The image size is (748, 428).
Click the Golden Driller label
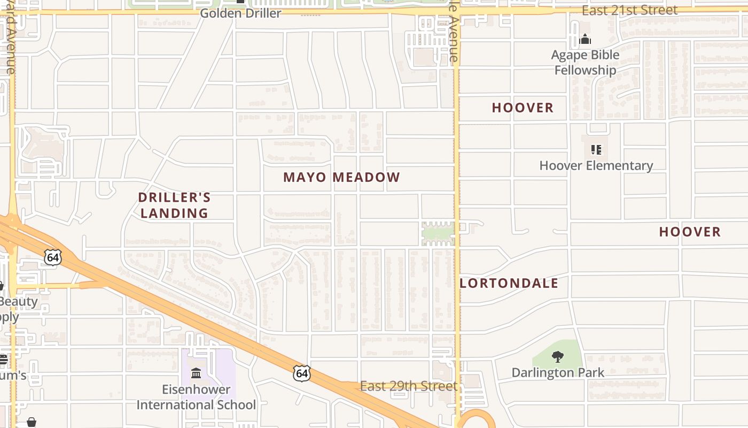[x=240, y=13]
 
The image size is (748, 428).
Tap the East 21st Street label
[x=629, y=10]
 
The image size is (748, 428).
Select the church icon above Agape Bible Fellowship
[x=585, y=40]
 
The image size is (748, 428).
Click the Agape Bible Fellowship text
[x=585, y=63]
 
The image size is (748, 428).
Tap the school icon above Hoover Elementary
[x=596, y=150]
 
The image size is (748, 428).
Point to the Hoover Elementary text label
[x=596, y=166]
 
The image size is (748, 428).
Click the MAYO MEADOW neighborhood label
[x=341, y=177]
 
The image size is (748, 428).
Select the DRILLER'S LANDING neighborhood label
[x=174, y=205]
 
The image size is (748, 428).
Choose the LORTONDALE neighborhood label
[x=509, y=284]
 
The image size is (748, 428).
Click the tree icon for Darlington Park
[x=557, y=357]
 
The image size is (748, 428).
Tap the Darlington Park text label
[x=558, y=372]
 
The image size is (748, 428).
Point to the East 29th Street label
[x=409, y=386]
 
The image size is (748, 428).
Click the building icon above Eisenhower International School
[x=196, y=372]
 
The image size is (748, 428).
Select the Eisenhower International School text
[x=196, y=397]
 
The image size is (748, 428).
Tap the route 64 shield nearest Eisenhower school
[x=302, y=373]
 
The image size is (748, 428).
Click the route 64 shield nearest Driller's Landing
[x=52, y=257]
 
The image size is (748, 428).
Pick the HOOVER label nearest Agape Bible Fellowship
[x=523, y=108]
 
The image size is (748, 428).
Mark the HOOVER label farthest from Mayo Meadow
[x=690, y=232]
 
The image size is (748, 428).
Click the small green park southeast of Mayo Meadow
[x=438, y=234]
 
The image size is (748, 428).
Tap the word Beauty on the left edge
[x=19, y=301]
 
